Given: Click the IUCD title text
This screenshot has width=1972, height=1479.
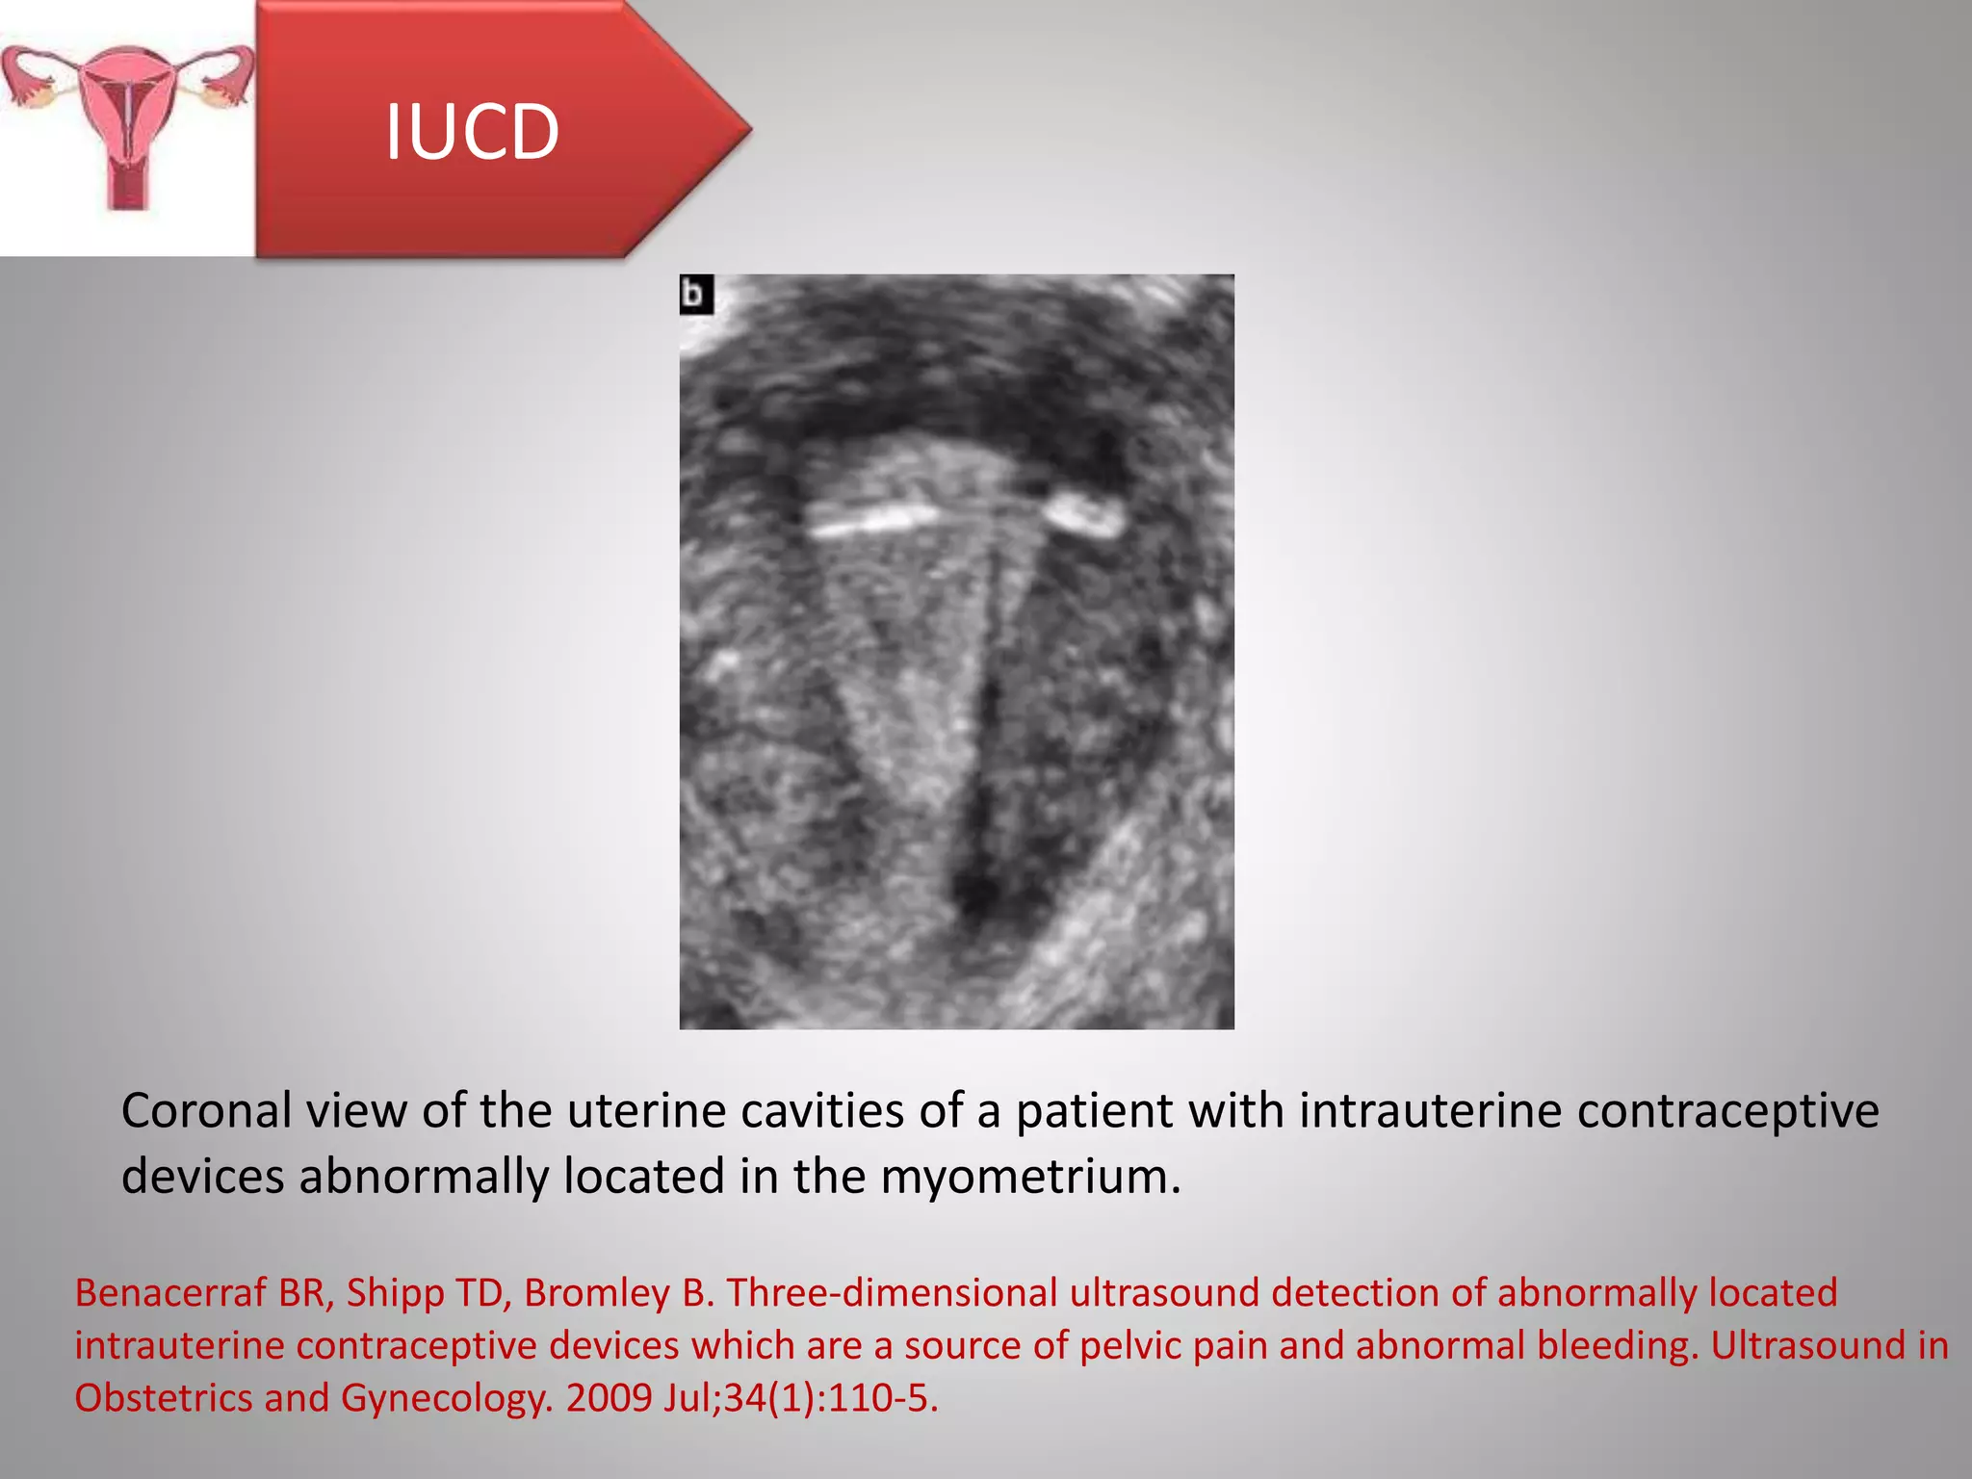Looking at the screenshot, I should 472,132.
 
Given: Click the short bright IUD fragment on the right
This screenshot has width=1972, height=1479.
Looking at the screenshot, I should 1085,513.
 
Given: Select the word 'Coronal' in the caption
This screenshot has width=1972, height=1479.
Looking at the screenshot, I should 206,1111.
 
